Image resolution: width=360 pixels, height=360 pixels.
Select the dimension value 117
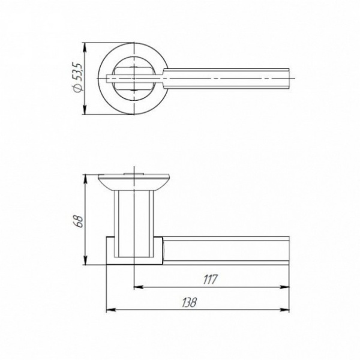pyautogui.click(x=210, y=280)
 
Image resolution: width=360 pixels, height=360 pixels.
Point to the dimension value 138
pyautogui.click(x=190, y=303)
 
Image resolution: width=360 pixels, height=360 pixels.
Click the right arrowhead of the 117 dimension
pyautogui.click(x=285, y=287)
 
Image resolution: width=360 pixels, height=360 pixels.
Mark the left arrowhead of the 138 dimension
pyautogui.click(x=110, y=310)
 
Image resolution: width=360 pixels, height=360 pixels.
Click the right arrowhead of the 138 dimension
pyautogui.click(x=284, y=310)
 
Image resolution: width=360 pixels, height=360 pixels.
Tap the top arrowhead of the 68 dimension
pyautogui.click(x=85, y=179)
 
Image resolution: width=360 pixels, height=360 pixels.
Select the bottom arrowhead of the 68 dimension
pyautogui.click(x=85, y=260)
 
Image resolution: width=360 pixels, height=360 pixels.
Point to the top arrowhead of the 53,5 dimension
pyautogui.click(x=85, y=47)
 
